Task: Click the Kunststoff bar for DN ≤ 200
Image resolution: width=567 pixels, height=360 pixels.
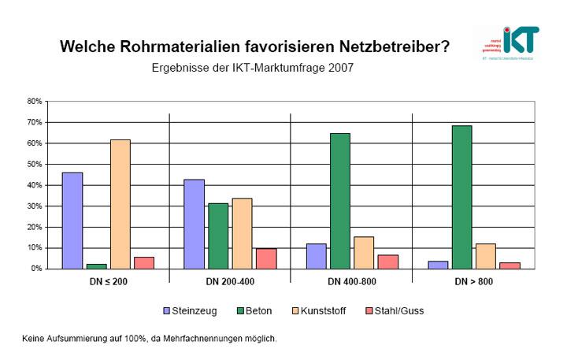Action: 120,204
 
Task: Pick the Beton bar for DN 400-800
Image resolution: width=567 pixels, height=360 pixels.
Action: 339,201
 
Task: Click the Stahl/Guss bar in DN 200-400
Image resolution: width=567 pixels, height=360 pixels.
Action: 266,258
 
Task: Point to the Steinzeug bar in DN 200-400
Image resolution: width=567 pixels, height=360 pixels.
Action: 194,224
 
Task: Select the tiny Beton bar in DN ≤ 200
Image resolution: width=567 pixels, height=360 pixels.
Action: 96,266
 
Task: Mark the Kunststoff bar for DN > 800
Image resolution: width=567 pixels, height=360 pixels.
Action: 485,256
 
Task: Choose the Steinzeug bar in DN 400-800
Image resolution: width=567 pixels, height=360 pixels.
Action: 316,256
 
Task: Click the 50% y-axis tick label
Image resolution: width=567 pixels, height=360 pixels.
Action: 34,165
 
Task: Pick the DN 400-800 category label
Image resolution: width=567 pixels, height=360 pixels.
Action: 351,281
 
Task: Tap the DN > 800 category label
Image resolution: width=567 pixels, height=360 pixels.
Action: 472,281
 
